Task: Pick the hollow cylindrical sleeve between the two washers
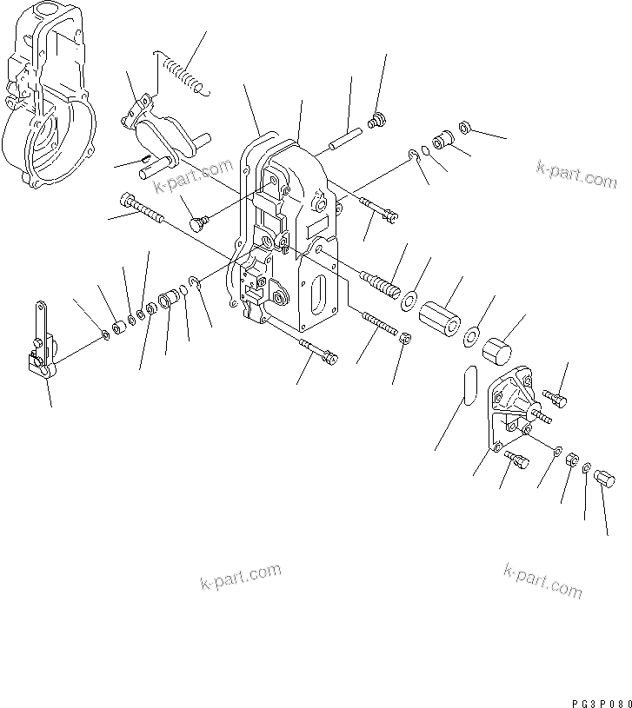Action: [441, 314]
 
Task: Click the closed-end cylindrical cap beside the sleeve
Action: [498, 353]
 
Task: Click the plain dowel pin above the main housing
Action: [344, 139]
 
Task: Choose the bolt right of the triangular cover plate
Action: [556, 398]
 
